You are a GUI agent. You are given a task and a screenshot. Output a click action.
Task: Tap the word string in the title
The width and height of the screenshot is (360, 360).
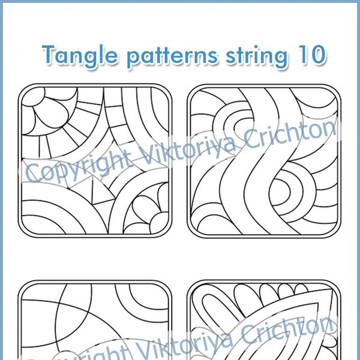259,56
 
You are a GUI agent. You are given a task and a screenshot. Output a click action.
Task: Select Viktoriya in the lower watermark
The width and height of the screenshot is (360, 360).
198,347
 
